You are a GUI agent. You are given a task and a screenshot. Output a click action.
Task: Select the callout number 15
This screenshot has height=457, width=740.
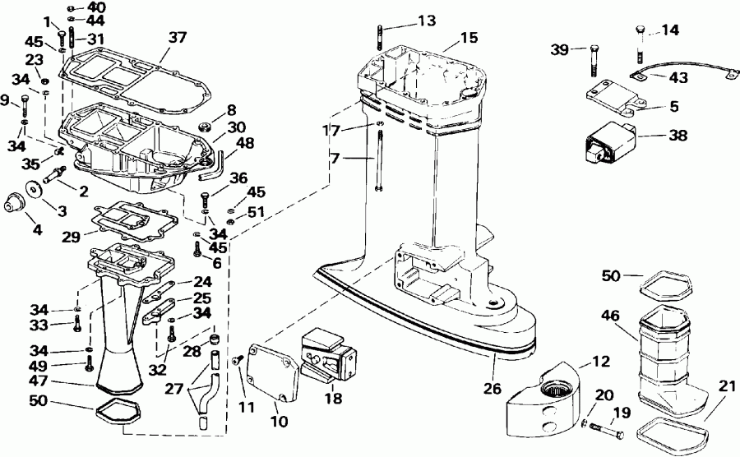(x=469, y=38)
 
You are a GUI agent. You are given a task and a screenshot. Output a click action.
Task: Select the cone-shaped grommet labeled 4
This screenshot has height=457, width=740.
(x=15, y=205)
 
